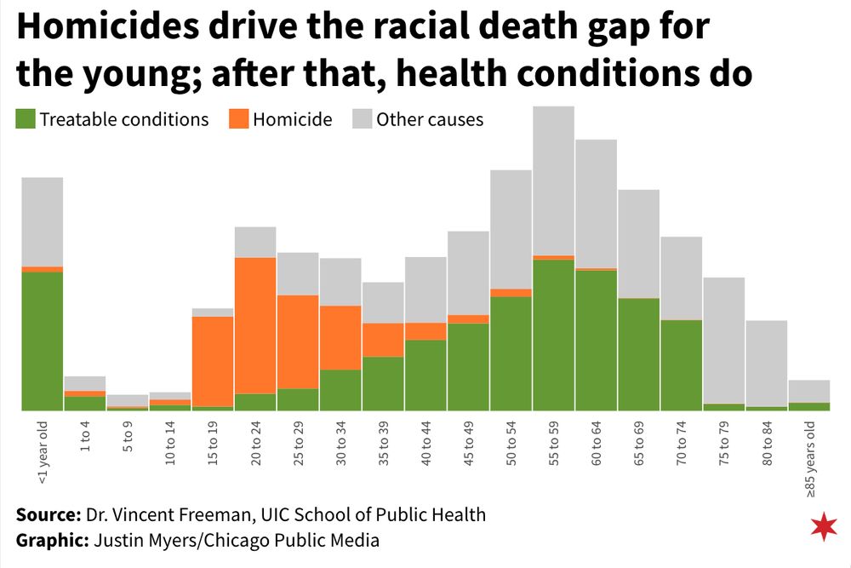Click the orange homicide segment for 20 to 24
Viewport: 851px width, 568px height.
pyautogui.click(x=255, y=325)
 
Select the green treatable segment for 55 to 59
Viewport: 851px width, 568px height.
pyautogui.click(x=553, y=335)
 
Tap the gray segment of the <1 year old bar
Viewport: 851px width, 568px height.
pyautogui.click(x=43, y=221)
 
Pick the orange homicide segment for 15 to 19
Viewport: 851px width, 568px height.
pyautogui.click(x=213, y=361)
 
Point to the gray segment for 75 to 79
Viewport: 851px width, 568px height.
pyautogui.click(x=724, y=340)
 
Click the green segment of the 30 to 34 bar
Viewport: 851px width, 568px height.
pyautogui.click(x=340, y=390)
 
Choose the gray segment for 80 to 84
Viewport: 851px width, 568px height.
pyautogui.click(x=767, y=363)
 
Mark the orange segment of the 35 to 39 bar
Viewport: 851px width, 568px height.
pyautogui.click(x=383, y=340)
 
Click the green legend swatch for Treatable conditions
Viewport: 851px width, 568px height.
pyautogui.click(x=25, y=119)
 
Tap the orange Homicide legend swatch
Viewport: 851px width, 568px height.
pyautogui.click(x=239, y=119)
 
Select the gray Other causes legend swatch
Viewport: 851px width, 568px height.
pyautogui.click(x=363, y=119)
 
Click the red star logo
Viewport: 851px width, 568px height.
pyautogui.click(x=824, y=527)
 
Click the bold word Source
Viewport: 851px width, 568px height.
pyautogui.click(x=48, y=514)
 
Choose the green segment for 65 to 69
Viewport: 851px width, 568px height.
pyautogui.click(x=638, y=354)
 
